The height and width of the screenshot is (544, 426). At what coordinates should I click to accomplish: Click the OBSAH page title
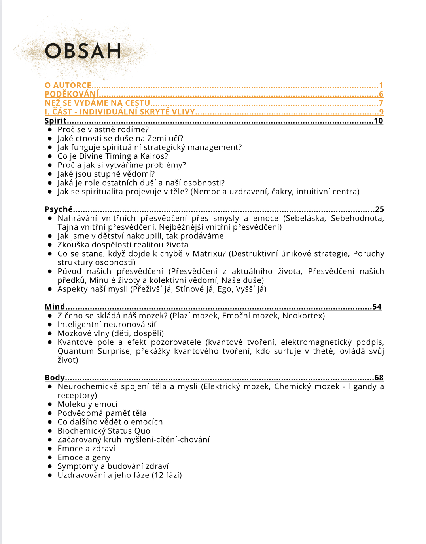pos(83,51)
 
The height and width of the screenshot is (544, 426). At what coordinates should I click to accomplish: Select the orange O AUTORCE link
pos(68,85)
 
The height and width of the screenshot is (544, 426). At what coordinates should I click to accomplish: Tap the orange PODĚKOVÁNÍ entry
pos(72,94)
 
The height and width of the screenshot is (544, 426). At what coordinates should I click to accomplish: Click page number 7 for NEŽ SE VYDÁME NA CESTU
pos(381,103)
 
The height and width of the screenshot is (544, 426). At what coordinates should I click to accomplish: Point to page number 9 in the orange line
pos(381,112)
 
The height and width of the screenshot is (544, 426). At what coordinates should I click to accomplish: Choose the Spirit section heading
pos(55,121)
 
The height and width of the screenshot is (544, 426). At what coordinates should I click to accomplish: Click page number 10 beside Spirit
pos(379,121)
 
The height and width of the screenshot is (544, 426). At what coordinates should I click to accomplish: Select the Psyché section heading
pos(59,209)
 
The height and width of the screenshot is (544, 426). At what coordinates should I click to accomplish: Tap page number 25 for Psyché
pos(379,209)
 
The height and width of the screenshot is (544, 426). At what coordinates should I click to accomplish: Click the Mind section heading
pos(55,306)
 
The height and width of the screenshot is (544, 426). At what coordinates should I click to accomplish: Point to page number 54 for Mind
pos(377,306)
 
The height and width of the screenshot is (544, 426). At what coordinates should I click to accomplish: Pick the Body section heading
pos(55,378)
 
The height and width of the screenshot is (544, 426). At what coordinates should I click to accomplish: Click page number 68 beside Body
pos(379,378)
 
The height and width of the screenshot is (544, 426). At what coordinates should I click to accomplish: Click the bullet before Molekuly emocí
pos(50,404)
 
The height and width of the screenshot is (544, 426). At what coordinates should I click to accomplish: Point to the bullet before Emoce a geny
pos(50,457)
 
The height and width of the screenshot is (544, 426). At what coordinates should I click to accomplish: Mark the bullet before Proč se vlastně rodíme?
pos(50,129)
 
